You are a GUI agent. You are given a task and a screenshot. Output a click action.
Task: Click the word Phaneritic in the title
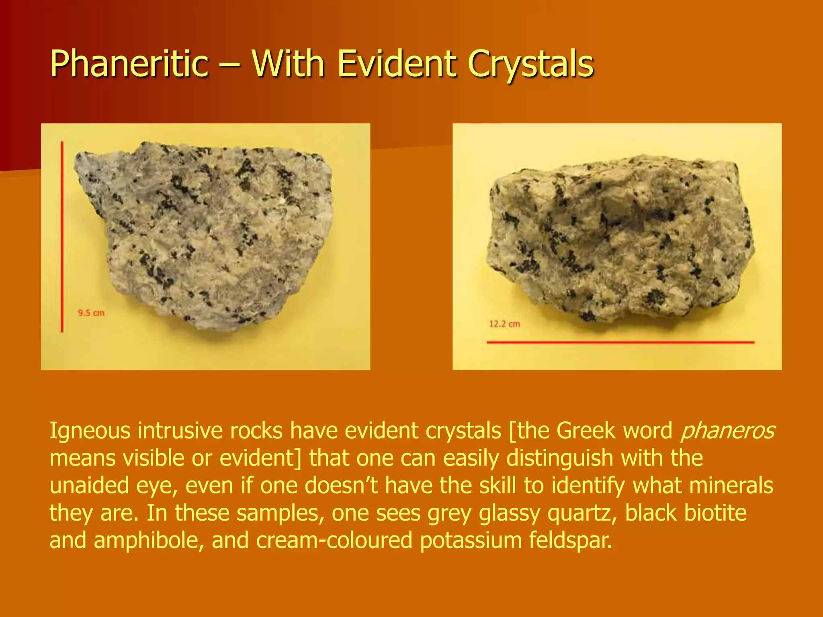point(129,64)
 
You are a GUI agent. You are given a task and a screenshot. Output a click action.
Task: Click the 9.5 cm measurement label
point(91,313)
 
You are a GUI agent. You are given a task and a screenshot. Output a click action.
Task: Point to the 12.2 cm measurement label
point(504,324)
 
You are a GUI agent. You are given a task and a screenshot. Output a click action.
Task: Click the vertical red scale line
point(62,237)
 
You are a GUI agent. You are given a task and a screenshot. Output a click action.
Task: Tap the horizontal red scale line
point(620,342)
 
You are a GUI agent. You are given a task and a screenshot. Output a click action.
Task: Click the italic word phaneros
point(728,431)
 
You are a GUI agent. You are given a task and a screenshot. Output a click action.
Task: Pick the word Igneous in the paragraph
point(90,431)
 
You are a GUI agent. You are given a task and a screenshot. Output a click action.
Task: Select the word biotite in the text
point(715,513)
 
